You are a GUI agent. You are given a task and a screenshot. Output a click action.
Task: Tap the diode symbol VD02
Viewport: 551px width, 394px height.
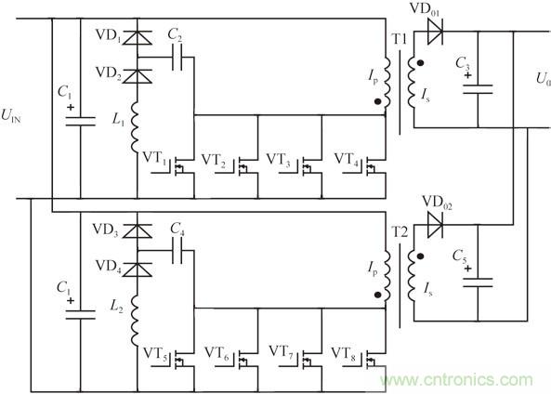coord(433,224)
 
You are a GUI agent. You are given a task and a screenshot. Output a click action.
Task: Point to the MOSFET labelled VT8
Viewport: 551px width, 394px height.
coord(372,359)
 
